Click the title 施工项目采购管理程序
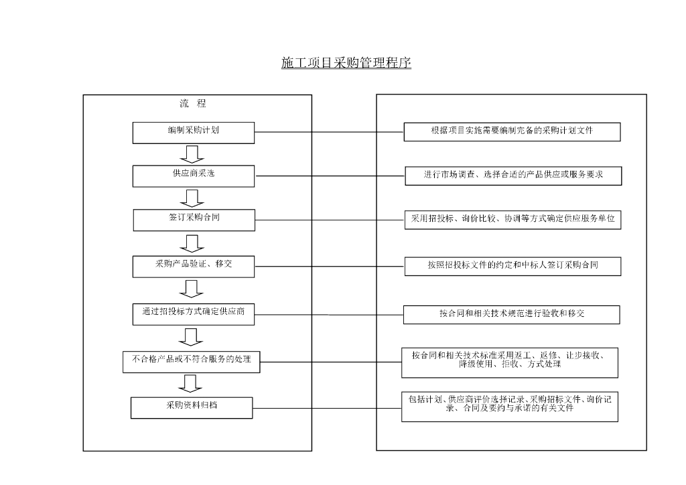coord(346,64)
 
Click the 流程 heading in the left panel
coord(192,104)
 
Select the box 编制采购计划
coord(194,133)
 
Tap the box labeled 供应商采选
coord(194,176)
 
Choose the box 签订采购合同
coord(194,220)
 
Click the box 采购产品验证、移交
coord(194,266)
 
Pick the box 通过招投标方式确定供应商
coord(194,314)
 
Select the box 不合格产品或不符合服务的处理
coord(192,362)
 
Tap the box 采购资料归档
coord(192,407)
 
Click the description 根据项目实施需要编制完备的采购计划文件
coord(512,132)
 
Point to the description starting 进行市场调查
coord(513,176)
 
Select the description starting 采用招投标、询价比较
coord(512,220)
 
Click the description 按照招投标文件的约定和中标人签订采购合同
coord(512,266)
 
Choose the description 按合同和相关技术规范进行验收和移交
coord(511,314)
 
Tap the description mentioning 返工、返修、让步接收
coord(510,362)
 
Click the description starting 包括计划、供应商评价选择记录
coord(509,406)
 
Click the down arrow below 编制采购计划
coord(193,154)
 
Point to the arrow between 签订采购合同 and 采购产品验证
coord(193,242)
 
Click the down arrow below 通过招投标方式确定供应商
coord(193,336)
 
